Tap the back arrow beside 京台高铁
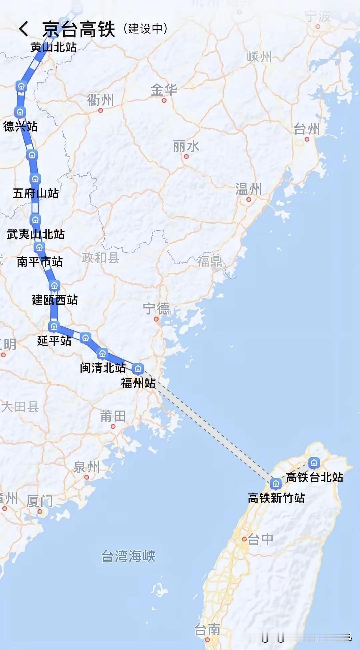(24, 29)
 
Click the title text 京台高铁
(79, 29)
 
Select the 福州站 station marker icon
(138, 369)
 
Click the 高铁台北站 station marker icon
(314, 463)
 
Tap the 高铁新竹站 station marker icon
(275, 483)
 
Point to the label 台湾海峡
(128, 556)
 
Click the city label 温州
(248, 189)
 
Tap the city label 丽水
(186, 146)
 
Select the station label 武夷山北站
(36, 234)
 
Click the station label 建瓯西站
(55, 300)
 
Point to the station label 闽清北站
(103, 368)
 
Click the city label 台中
(260, 539)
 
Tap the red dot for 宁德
(156, 319)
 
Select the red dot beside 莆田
(113, 426)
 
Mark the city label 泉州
(86, 467)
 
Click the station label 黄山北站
(53, 47)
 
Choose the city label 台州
(307, 129)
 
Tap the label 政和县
(100, 258)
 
